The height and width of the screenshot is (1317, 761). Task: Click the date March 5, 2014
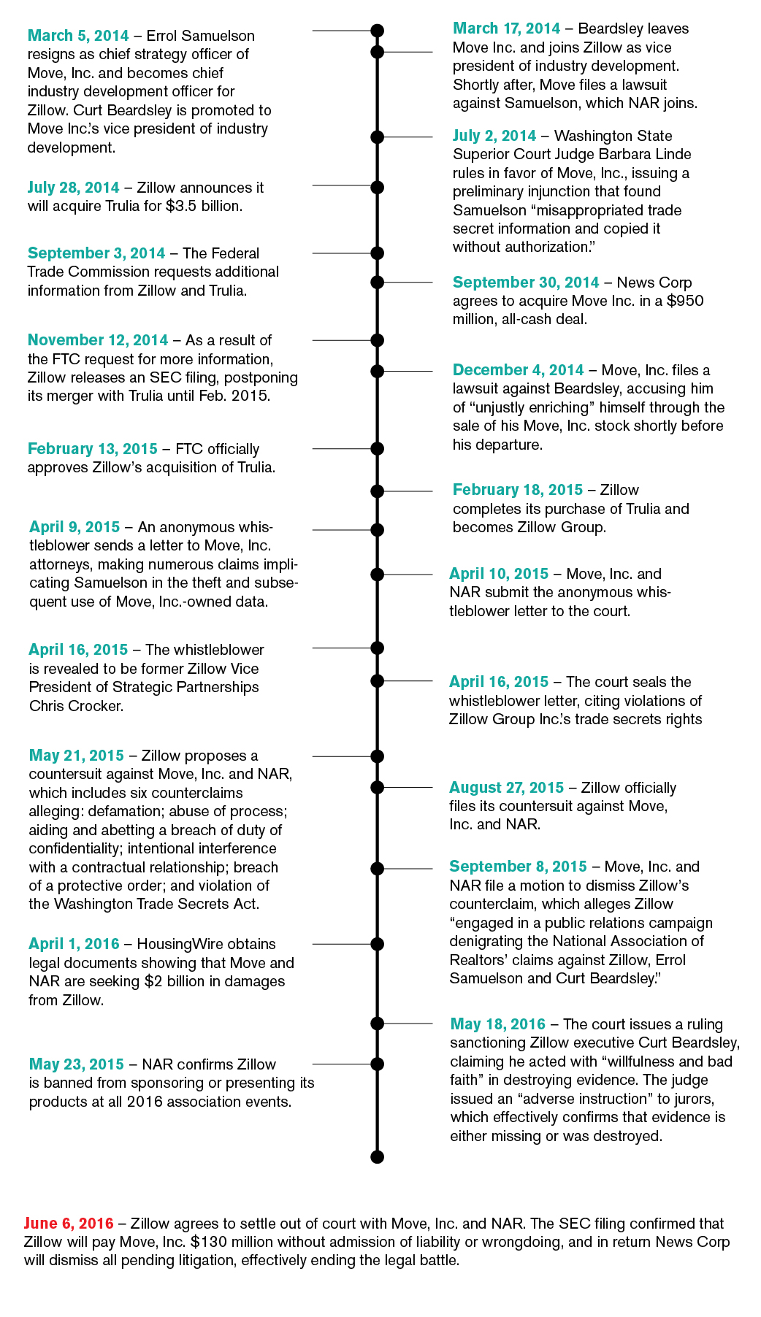pyautogui.click(x=78, y=36)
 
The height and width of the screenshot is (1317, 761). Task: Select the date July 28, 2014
pyautogui.click(x=73, y=188)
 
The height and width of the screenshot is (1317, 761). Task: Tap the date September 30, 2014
pyautogui.click(x=526, y=283)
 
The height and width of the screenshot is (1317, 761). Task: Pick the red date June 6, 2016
pyautogui.click(x=69, y=1223)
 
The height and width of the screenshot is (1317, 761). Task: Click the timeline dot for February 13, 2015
pyautogui.click(x=377, y=449)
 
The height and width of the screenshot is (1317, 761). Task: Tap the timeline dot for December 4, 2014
pyautogui.click(x=377, y=371)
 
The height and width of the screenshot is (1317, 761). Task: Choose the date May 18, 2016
pyautogui.click(x=498, y=1024)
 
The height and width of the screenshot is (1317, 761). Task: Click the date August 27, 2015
pyautogui.click(x=506, y=788)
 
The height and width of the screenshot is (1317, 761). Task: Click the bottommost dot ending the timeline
pyautogui.click(x=377, y=1156)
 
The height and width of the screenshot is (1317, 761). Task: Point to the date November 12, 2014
pyautogui.click(x=98, y=340)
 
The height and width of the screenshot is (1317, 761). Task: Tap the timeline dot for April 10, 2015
pyautogui.click(x=377, y=575)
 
